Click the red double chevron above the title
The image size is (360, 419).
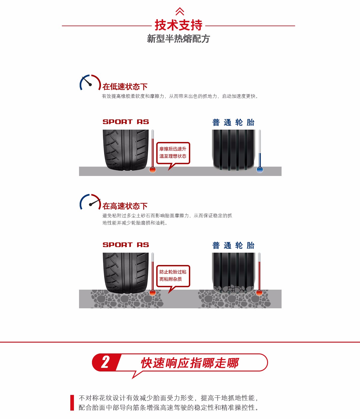[180, 11]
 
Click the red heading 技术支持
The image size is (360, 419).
[178, 25]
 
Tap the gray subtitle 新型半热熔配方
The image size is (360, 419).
[178, 39]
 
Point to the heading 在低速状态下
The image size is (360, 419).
[125, 87]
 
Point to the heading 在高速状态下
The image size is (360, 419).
[125, 206]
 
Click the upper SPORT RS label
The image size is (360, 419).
[126, 122]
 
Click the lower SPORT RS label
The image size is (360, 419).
[126, 245]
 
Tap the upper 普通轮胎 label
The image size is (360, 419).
[233, 122]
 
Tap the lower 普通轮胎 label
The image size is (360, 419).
[233, 245]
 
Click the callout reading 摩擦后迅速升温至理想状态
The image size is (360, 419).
[173, 153]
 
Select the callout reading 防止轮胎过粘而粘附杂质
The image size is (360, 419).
[173, 276]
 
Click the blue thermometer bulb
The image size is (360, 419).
[260, 170]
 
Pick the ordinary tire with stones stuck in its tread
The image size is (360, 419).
[233, 273]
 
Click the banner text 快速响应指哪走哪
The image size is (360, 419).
[190, 363]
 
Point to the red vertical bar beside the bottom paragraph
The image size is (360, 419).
[72, 403]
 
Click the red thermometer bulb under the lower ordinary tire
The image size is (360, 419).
[259, 293]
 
